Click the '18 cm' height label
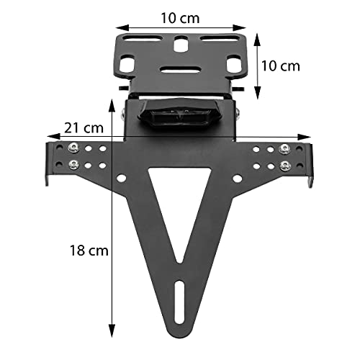pyautogui.click(x=87, y=251)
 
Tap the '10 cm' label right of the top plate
pyautogui.click(x=279, y=66)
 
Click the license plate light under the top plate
pyautogui.click(x=180, y=114)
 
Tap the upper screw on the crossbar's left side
pyautogui.click(x=72, y=148)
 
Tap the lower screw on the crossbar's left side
pyautogui.click(x=72, y=166)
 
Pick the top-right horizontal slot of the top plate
pyautogui.click(x=220, y=38)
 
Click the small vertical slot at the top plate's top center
pyautogui.click(x=179, y=46)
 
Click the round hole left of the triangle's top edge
pyautogui.click(x=123, y=178)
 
